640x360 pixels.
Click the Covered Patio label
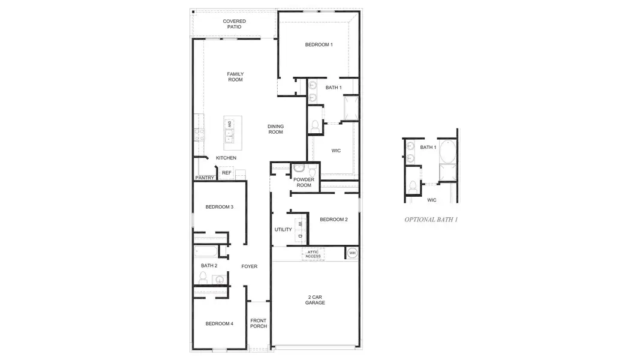coord(235,24)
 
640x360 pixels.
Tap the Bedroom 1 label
coord(319,45)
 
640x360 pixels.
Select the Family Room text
coord(235,77)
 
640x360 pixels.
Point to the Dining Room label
coord(275,129)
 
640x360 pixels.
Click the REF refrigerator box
coord(226,173)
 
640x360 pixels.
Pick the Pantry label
coord(203,178)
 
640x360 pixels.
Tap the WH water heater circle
coord(352,253)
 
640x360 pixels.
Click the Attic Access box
coord(313,254)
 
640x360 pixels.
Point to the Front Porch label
coord(259,323)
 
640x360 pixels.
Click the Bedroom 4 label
coord(219,324)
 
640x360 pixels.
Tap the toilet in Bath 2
coord(203,277)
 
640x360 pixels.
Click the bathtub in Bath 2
coord(207,251)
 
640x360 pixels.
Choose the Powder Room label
coord(304,182)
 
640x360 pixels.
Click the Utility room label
coord(283,230)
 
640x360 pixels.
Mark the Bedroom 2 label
coord(333,220)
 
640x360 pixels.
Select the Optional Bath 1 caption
coord(431,220)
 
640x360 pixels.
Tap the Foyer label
coord(250,266)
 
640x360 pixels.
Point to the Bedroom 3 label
coord(219,207)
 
